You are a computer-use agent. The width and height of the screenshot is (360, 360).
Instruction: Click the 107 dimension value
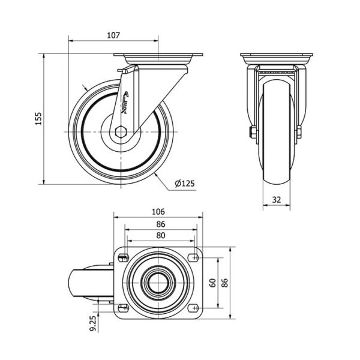[x=113, y=35]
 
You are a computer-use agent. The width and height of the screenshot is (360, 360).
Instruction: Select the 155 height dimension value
[x=38, y=118]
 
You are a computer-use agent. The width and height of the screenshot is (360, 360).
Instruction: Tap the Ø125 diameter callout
[x=185, y=184]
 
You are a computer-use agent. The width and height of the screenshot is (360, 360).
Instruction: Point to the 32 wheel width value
[x=277, y=200]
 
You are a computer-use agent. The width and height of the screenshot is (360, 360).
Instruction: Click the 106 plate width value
[x=158, y=211]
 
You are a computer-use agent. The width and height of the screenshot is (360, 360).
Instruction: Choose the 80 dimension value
[x=161, y=235]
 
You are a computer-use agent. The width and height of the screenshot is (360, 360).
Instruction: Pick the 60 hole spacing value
[x=213, y=283]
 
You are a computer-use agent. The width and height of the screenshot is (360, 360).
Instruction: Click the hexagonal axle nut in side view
[x=121, y=132]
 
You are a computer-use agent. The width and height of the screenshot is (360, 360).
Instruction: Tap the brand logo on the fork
[x=125, y=103]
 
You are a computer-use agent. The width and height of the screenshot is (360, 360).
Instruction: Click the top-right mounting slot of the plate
[x=193, y=257]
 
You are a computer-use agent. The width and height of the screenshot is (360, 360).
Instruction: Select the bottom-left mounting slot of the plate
[x=123, y=308]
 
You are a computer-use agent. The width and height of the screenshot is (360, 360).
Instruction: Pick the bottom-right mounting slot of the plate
[x=193, y=308]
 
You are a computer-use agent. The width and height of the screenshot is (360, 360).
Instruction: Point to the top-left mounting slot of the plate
[x=123, y=258]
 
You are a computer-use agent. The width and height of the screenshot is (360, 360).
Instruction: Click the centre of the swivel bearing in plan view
[x=158, y=283]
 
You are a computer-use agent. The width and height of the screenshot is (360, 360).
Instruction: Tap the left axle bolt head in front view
[x=253, y=132]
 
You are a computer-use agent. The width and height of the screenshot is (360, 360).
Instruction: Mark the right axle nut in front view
[x=299, y=132]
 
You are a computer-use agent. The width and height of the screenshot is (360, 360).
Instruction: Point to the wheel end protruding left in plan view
[x=91, y=283]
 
